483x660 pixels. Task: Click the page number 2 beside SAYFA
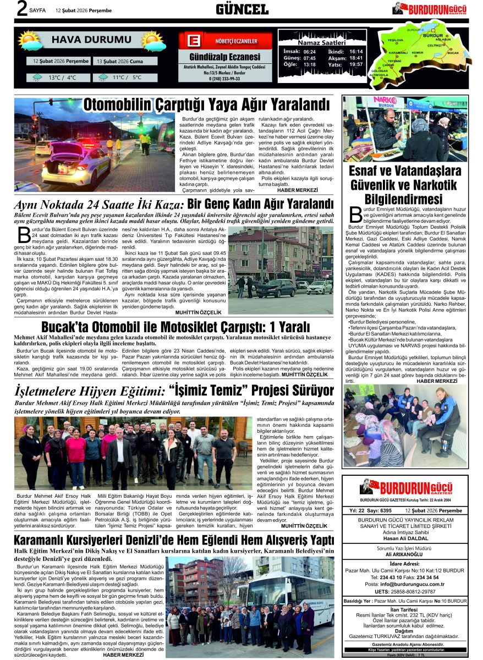pyautogui.click(x=22, y=9)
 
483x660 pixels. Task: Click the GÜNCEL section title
pyautogui.click(x=242, y=9)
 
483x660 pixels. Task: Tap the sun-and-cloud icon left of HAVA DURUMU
pyautogui.click(x=30, y=41)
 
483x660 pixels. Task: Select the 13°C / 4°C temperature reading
pyautogui.click(x=62, y=78)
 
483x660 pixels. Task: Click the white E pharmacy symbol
pyautogui.click(x=193, y=41)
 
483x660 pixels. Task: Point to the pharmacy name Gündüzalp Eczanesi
pyautogui.click(x=224, y=57)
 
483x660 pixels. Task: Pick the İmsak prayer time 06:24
pyautogui.click(x=310, y=51)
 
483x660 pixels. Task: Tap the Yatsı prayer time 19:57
pyautogui.click(x=356, y=64)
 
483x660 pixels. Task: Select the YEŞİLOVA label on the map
pyautogui.click(x=396, y=41)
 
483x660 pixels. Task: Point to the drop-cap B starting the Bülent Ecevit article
pyautogui.click(x=24, y=234)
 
